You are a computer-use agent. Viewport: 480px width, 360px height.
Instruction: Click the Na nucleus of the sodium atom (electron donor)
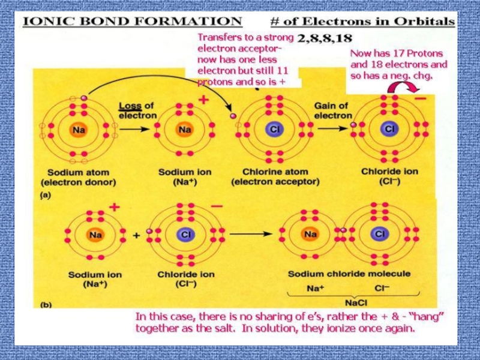coord(78,128)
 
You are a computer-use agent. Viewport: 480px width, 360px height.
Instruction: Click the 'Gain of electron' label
coord(333,110)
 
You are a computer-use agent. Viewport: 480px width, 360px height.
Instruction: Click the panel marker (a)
coord(45,195)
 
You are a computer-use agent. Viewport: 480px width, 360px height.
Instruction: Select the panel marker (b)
coord(46,305)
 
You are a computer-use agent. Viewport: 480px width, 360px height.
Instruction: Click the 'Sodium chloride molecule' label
coord(349,274)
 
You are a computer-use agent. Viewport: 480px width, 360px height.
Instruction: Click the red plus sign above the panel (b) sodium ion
coord(113,207)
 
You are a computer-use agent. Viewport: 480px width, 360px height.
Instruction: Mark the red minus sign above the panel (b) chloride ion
coord(217,206)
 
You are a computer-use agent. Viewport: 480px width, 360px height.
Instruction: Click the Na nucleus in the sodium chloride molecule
coord(310,233)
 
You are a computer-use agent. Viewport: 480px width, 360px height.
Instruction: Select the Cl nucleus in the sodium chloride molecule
coord(379,233)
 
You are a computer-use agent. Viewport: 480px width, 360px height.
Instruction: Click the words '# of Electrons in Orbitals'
coord(362,22)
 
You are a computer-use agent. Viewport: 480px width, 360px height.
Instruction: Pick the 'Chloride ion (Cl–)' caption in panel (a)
coord(389,176)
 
